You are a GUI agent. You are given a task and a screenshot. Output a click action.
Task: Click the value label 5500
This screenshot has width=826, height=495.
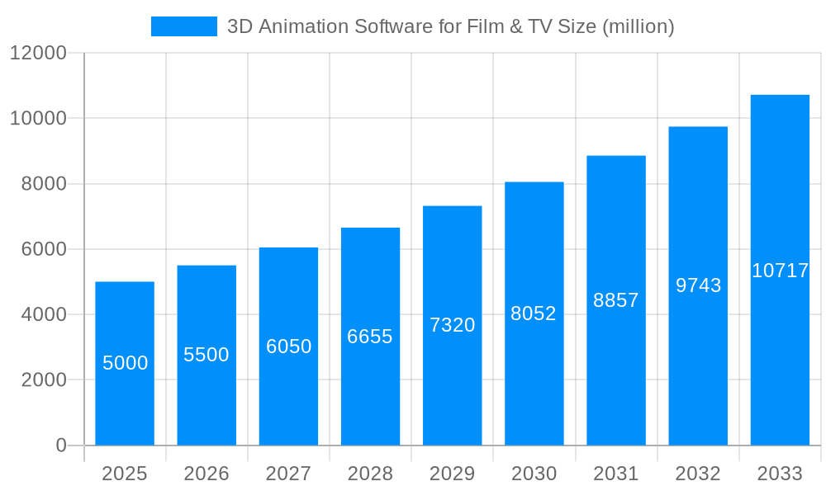(x=206, y=355)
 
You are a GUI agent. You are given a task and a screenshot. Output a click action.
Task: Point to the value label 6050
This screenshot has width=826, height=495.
(x=288, y=346)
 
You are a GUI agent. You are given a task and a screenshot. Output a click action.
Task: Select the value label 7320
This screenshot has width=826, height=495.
(x=452, y=325)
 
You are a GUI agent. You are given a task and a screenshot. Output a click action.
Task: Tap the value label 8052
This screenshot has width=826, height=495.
(x=534, y=313)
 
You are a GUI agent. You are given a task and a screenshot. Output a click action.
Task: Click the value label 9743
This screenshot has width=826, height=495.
(x=698, y=285)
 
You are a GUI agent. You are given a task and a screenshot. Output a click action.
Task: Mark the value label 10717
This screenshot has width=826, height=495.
(x=780, y=271)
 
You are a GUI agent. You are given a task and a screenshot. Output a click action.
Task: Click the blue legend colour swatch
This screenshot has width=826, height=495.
(x=184, y=26)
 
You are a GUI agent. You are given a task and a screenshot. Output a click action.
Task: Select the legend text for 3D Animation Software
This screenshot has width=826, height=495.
(x=450, y=26)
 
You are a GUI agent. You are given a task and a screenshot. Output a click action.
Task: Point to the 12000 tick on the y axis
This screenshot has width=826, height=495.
(x=38, y=53)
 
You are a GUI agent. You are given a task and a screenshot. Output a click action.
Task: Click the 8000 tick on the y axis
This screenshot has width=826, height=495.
(x=44, y=184)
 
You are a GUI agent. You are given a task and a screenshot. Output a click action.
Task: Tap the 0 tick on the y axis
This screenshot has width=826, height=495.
(x=61, y=445)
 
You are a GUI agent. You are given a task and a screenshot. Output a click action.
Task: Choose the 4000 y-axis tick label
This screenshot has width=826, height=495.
(x=44, y=314)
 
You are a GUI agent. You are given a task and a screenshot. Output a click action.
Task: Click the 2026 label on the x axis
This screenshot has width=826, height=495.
(x=206, y=474)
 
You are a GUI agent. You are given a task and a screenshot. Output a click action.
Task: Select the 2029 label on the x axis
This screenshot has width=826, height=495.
(x=452, y=474)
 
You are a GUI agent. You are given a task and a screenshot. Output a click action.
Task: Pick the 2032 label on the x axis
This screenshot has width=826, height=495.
(x=698, y=474)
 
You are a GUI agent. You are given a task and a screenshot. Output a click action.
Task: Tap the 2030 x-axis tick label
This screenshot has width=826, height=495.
(x=534, y=474)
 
